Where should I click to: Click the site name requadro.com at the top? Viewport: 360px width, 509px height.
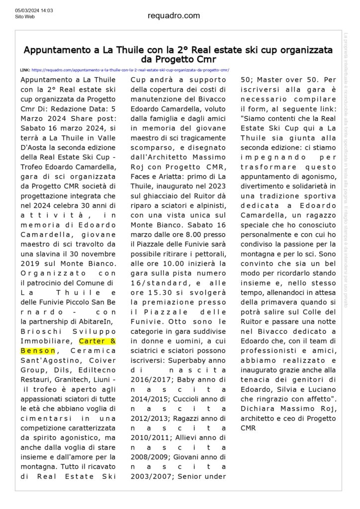tap(174, 15)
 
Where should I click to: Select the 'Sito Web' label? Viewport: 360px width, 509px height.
tap(25, 16)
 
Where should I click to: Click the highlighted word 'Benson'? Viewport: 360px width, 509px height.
tap(38, 350)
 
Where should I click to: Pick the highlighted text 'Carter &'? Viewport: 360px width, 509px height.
tap(98, 341)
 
